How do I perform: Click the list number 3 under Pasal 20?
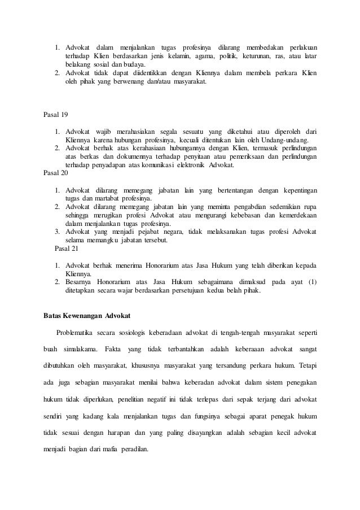[x=57, y=232]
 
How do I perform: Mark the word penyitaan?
[x=189, y=157]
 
